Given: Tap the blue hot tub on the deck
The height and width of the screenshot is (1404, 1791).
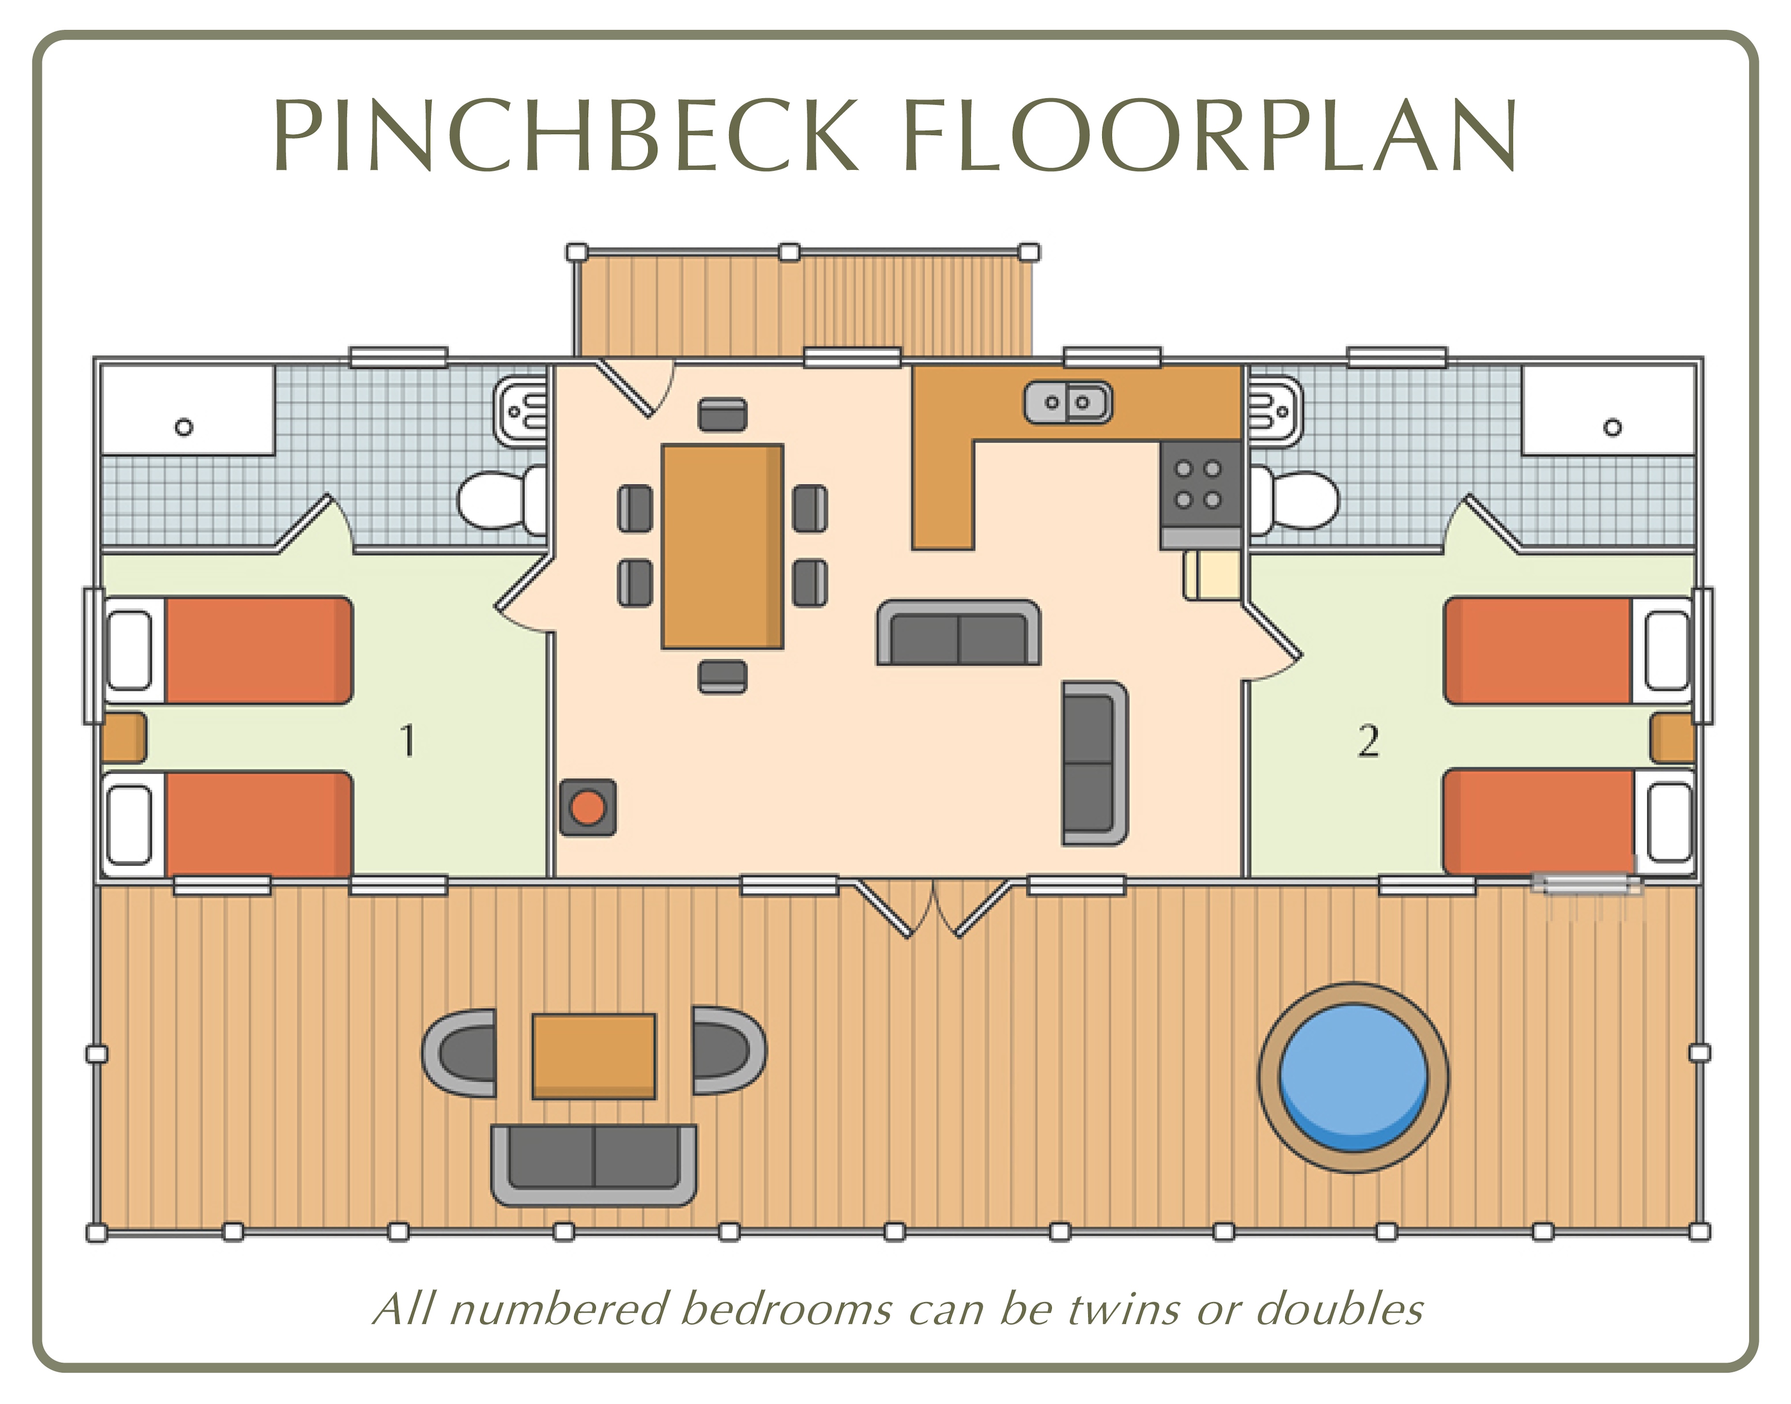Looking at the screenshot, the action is click(x=1353, y=1077).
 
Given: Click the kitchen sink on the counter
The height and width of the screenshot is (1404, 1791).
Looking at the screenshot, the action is click(x=1068, y=403).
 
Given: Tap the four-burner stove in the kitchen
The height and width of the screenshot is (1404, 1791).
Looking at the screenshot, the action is click(x=1199, y=485).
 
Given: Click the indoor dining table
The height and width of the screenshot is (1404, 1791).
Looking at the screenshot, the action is click(x=723, y=546).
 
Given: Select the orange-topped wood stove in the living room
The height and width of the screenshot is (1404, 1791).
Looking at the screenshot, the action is click(x=588, y=807).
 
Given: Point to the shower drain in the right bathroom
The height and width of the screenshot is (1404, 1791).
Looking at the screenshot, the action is click(x=1613, y=427).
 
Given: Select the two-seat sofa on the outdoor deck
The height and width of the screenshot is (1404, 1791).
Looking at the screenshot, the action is click(x=593, y=1165).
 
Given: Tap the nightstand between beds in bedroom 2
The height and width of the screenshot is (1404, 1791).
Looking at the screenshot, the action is click(x=1672, y=738).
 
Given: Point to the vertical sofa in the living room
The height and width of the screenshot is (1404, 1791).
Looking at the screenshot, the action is click(x=1094, y=763).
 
